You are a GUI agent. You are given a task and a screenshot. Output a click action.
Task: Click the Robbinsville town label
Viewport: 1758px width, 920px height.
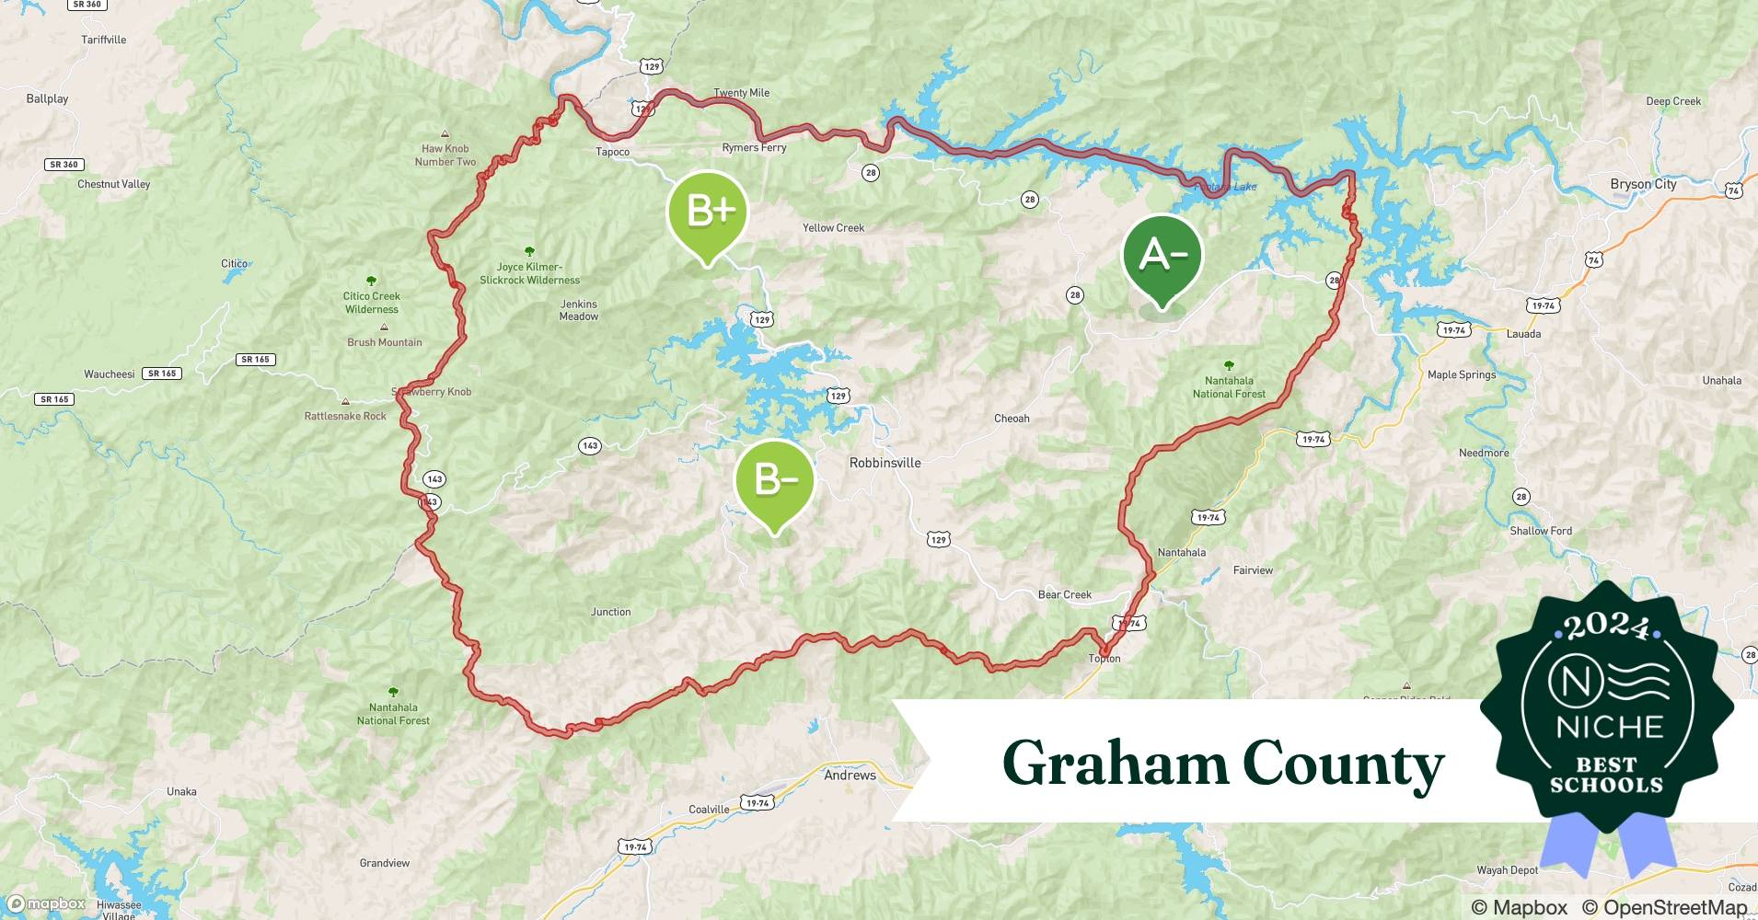[x=885, y=463]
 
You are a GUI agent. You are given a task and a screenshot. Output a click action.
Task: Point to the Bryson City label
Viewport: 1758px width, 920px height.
[x=1643, y=184]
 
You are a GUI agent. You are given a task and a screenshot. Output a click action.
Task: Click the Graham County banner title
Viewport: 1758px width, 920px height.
[x=1222, y=764]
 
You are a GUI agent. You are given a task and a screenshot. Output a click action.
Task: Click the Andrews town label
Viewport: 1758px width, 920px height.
[x=850, y=776]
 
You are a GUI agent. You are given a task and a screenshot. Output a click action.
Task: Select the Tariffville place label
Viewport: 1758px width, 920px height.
[x=104, y=40]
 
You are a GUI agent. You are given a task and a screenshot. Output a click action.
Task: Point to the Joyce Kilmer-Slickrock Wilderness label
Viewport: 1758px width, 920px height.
[x=529, y=273]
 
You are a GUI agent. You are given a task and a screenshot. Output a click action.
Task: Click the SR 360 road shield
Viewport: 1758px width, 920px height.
[x=64, y=165]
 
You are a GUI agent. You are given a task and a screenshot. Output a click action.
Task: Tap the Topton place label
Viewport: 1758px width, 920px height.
[x=1105, y=659]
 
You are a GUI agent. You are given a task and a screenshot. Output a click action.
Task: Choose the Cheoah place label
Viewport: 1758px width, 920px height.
[x=1012, y=419]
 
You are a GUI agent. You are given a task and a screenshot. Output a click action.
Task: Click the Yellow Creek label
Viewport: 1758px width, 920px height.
[x=833, y=228]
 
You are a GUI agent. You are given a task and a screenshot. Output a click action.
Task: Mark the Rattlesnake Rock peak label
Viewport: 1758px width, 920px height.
[x=345, y=416]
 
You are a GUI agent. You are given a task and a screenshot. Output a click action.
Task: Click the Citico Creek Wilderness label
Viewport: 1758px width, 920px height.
[x=372, y=303]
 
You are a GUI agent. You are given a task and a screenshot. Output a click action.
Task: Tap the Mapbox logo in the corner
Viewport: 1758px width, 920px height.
[x=46, y=904]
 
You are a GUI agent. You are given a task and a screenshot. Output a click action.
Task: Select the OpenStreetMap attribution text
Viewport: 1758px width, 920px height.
[x=1664, y=907]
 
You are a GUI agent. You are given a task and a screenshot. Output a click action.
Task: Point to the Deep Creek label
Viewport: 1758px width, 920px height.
[x=1673, y=101]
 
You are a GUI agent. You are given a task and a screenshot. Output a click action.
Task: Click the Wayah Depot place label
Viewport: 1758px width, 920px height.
[x=1507, y=870]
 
